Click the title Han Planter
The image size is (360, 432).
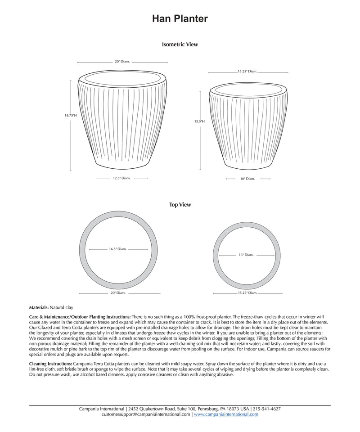(180, 18)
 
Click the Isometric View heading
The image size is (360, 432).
(180, 45)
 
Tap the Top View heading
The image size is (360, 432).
(180, 205)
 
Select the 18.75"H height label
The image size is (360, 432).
(71, 116)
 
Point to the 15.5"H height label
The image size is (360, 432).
(199, 121)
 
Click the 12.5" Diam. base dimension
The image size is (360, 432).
(121, 178)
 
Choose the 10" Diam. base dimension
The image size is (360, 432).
(247, 179)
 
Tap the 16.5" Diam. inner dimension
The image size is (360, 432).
(118, 249)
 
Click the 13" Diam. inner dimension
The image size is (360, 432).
(246, 255)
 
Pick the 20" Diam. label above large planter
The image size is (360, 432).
(122, 61)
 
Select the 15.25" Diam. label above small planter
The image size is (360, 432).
(247, 71)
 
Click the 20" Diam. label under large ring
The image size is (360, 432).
(118, 293)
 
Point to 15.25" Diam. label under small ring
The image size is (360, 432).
(247, 293)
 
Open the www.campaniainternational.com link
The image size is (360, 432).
(226, 414)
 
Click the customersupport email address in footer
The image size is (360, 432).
(146, 414)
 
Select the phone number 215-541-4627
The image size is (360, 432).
(267, 409)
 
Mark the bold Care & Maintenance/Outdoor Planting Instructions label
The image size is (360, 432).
(80, 317)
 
